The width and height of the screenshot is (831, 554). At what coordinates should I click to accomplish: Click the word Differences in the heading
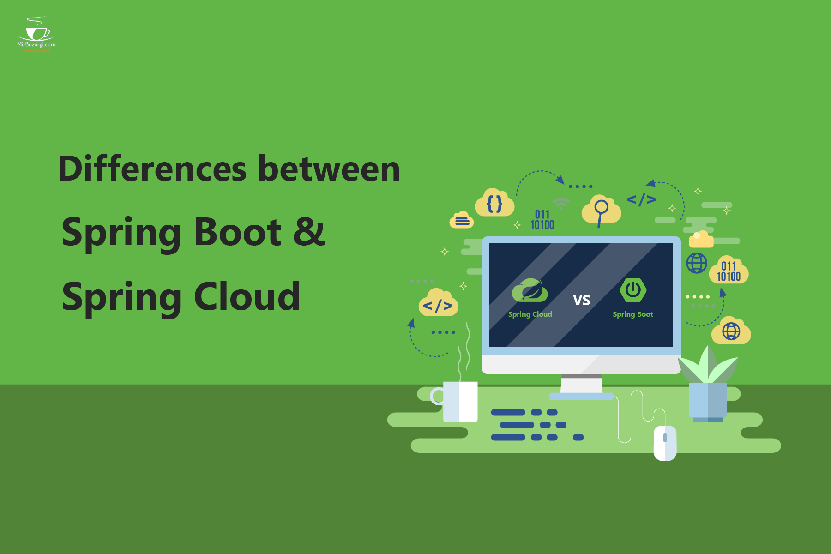tap(152, 169)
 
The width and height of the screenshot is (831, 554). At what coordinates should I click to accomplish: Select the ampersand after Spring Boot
tap(309, 232)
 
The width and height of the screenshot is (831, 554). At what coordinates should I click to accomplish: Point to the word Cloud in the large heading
tap(247, 297)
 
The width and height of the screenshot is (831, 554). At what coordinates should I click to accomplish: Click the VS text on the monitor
tap(581, 300)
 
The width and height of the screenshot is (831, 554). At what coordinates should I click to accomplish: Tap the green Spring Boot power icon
tap(632, 290)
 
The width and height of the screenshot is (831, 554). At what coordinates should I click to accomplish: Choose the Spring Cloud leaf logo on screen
tap(530, 290)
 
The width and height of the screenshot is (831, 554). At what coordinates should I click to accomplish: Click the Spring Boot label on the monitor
tap(632, 314)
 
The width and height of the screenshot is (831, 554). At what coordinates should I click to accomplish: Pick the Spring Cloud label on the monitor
tap(530, 314)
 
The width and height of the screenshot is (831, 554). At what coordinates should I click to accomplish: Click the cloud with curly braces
tap(494, 203)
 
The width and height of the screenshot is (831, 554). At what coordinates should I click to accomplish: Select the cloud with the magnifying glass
tap(601, 210)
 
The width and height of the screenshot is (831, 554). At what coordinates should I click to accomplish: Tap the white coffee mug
tap(459, 401)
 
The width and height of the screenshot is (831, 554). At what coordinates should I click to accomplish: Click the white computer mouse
tap(665, 443)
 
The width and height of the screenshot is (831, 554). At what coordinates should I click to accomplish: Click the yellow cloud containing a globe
tap(731, 331)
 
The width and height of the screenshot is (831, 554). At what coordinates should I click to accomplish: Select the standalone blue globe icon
tap(697, 263)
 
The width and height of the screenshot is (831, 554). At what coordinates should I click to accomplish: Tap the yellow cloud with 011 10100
tap(729, 271)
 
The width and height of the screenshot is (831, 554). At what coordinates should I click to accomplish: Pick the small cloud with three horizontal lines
tap(462, 221)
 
